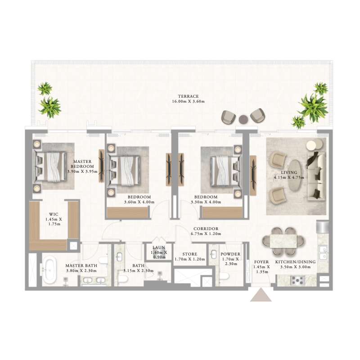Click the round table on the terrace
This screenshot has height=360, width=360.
[x=243, y=119]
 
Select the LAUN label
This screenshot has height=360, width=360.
[x=158, y=247]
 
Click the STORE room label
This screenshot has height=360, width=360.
[x=189, y=254]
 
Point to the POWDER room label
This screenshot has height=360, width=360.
[x=230, y=254]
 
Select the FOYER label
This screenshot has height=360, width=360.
[x=261, y=261]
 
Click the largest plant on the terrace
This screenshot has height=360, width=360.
[x=311, y=105]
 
